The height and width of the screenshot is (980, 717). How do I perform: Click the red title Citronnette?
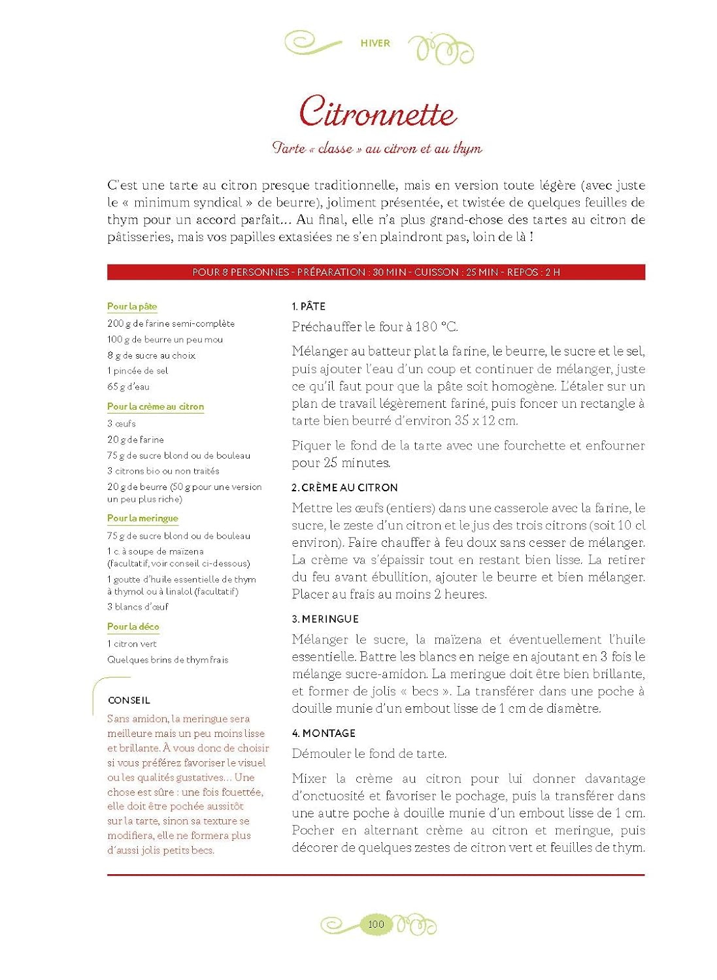[377, 112]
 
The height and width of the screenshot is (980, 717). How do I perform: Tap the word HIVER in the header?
[375, 43]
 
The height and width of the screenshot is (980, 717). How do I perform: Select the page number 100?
[376, 924]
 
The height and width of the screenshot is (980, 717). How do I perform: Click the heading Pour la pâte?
[132, 306]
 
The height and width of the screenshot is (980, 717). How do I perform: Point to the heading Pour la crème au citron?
[156, 406]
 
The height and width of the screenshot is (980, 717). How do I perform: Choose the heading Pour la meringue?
[142, 518]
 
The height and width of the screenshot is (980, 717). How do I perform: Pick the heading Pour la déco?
[133, 627]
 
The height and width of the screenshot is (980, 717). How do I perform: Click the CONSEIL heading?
[129, 700]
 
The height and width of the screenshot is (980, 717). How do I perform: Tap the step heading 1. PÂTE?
[308, 306]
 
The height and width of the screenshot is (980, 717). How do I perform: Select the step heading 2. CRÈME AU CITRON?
[344, 488]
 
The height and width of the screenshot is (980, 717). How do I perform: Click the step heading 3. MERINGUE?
[325, 619]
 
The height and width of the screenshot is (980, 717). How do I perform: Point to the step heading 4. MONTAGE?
[324, 734]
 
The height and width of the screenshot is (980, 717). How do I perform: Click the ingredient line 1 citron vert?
[132, 644]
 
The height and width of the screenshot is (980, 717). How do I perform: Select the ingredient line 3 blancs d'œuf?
[138, 607]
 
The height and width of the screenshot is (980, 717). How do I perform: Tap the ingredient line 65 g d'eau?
[129, 387]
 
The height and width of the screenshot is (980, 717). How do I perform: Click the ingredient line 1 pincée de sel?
[138, 371]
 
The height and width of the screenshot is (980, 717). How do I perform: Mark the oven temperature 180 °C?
[437, 327]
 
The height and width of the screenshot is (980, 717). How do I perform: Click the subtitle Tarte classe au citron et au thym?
[377, 149]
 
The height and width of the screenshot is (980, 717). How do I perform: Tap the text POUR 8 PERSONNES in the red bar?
[240, 272]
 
